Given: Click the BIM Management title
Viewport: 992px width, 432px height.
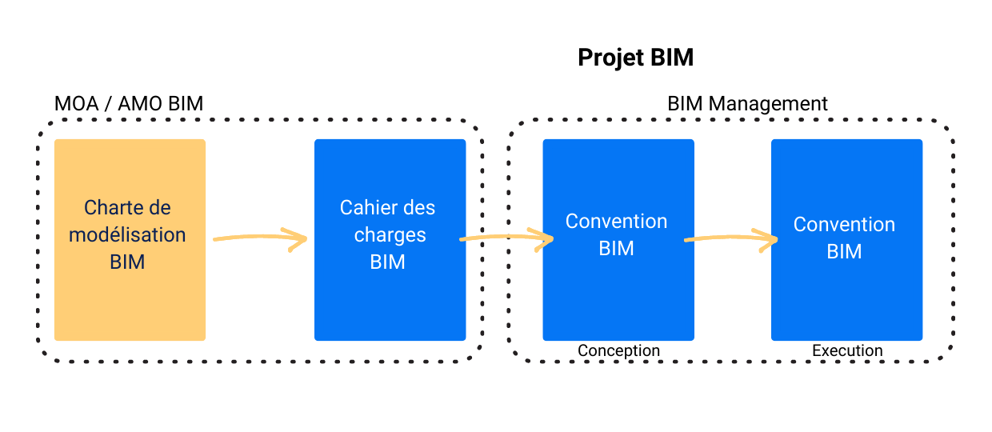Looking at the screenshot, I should click(747, 104).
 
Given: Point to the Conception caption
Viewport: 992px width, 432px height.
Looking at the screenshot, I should click(618, 351).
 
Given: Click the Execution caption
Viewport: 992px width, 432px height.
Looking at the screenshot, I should click(847, 351).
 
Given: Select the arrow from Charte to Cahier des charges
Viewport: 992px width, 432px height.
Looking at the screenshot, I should click(261, 238).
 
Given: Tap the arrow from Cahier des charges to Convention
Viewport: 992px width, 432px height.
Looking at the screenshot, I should click(507, 238).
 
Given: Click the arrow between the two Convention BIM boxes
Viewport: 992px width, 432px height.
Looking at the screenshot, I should click(732, 238).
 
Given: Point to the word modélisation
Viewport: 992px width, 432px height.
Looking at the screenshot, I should click(127, 235).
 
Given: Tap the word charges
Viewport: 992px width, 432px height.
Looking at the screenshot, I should click(390, 235).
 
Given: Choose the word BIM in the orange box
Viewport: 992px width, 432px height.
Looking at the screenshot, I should click(127, 262).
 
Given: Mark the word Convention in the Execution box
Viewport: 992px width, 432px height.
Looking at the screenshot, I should click(844, 225).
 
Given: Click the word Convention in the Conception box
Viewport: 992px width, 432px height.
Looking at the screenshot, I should click(616, 222).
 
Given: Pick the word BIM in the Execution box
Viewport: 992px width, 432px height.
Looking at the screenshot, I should click(844, 251).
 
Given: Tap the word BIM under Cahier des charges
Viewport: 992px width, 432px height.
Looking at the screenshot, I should click(388, 262).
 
